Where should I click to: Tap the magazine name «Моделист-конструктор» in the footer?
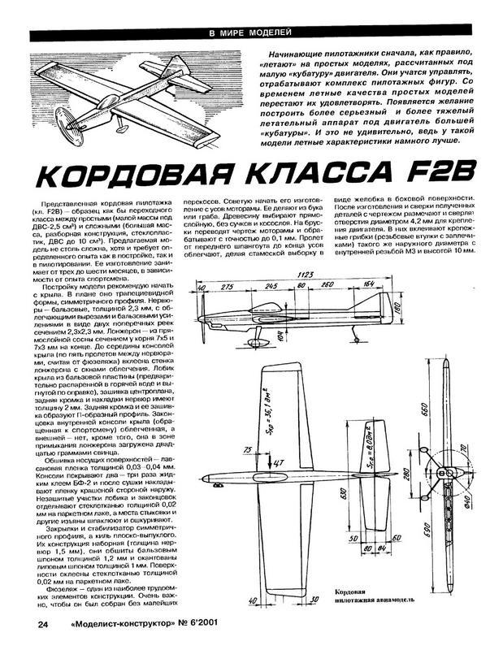134,625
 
